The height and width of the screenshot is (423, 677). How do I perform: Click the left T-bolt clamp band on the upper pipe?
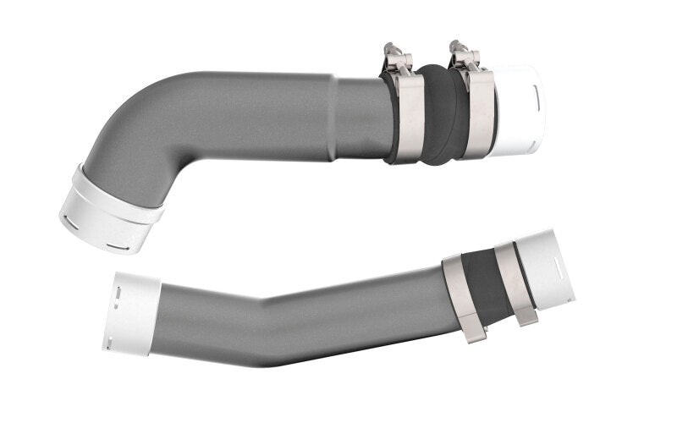(410, 118)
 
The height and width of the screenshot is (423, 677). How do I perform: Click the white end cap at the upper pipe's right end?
(516, 110)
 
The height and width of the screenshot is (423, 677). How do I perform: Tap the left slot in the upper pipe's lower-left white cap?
(72, 223)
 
